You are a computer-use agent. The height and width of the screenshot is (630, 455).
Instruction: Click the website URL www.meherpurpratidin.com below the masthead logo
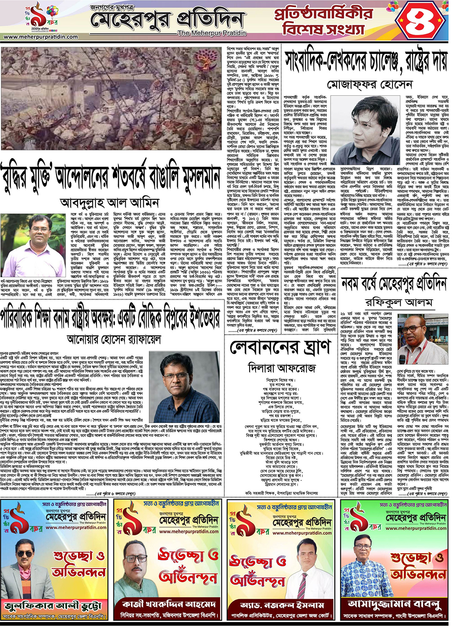click(40, 37)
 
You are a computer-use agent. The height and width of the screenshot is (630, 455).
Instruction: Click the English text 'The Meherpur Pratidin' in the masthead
click(212, 33)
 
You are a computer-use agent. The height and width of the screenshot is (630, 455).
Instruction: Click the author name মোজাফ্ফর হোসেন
click(369, 85)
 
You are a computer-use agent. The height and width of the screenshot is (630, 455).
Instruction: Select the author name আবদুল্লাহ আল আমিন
click(110, 203)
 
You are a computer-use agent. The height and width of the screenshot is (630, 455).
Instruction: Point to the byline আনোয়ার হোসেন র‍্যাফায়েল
click(114, 339)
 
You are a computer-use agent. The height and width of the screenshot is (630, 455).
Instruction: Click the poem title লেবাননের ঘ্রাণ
click(280, 348)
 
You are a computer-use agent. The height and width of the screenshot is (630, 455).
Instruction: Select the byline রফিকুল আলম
click(398, 303)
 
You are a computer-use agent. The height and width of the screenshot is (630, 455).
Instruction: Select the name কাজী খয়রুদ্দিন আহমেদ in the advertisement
click(170, 604)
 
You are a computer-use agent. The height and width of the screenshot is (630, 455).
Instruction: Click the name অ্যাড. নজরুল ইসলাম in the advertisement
click(283, 605)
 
